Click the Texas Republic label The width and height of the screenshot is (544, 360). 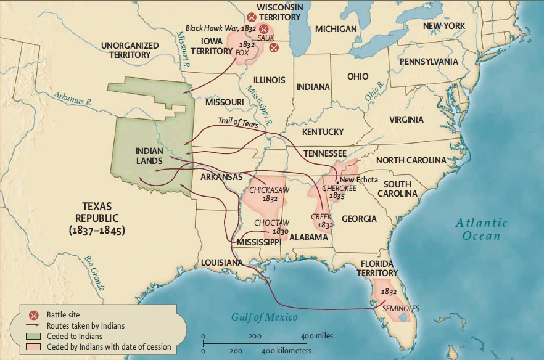(99, 218)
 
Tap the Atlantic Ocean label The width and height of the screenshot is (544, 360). (482, 229)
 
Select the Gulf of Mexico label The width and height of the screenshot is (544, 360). (264, 317)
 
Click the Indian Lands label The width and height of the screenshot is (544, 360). (149, 155)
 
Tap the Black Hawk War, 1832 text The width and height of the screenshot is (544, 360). (221, 29)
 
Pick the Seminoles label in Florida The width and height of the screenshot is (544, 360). (401, 308)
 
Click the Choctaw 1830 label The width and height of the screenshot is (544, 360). (272, 226)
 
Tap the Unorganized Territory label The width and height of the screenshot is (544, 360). (130, 50)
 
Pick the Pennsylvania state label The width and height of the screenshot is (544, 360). (428, 62)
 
